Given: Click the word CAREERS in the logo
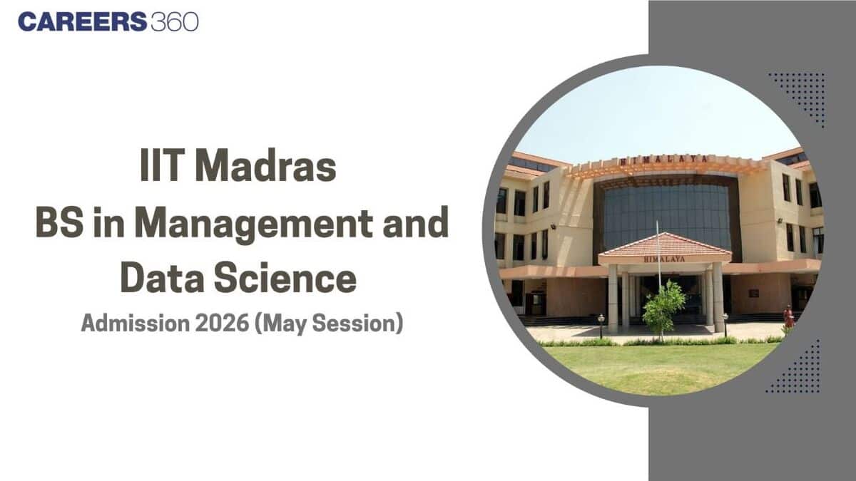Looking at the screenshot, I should coord(82,22).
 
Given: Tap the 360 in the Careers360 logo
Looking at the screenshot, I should coord(174,22).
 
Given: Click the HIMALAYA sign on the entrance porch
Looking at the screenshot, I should coord(664,259).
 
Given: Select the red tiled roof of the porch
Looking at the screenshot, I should coord(664,246).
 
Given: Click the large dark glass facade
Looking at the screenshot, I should coord(667,207).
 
